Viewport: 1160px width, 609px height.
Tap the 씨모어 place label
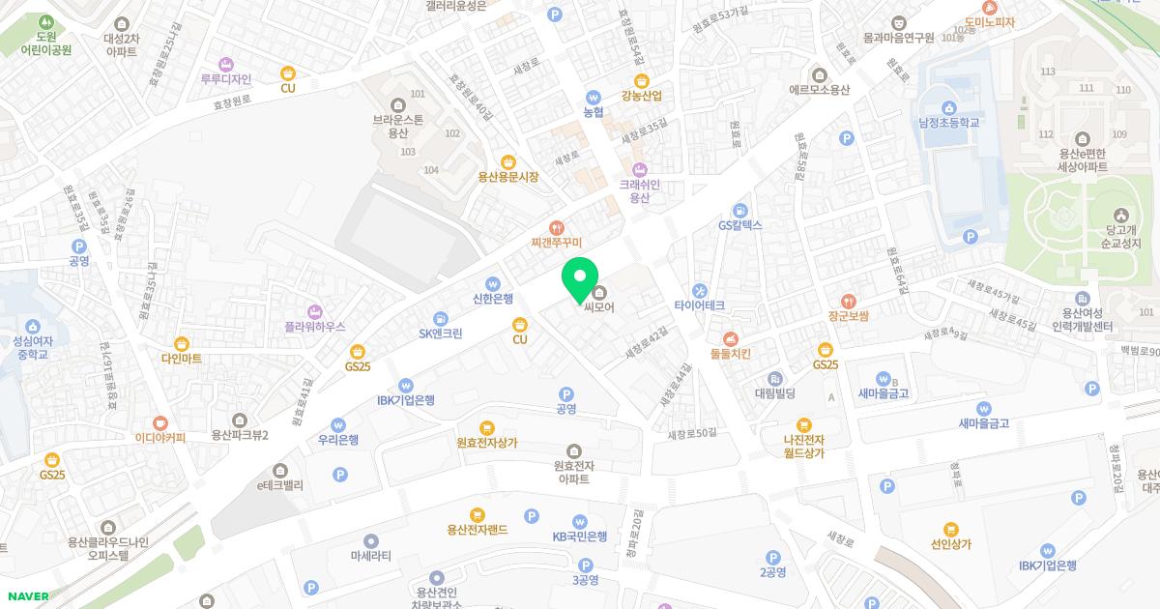click(599, 307)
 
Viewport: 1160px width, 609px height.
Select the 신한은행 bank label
click(493, 298)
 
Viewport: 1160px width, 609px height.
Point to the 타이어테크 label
click(700, 305)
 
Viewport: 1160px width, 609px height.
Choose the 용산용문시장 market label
click(508, 177)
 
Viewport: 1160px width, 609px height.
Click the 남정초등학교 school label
click(949, 123)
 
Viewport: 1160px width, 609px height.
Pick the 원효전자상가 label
click(487, 443)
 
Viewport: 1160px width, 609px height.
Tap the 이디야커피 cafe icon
click(160, 422)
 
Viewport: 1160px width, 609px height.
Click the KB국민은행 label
click(580, 536)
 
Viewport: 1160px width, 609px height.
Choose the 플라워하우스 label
click(314, 327)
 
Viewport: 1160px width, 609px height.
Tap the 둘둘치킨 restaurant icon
click(731, 338)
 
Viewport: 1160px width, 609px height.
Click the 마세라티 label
click(371, 556)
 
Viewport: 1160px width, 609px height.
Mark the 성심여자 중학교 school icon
click(33, 326)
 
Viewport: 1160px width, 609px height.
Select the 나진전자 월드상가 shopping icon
click(804, 424)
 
